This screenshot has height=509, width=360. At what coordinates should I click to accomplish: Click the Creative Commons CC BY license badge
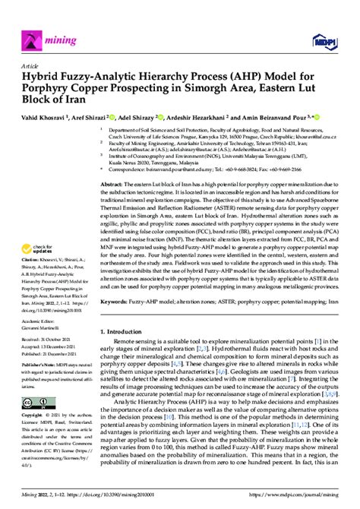pyautogui.click(x=37, y=403)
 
